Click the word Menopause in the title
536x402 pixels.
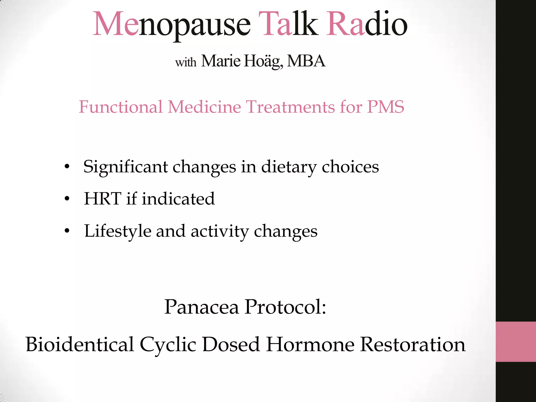(171, 25)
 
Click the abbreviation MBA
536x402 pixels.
(306, 61)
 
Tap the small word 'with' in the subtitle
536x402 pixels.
(186, 62)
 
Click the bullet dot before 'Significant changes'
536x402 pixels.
(67, 166)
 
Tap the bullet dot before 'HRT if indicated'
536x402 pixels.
(67, 199)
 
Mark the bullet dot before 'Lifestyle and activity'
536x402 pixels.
(67, 231)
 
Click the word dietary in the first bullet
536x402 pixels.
(289, 167)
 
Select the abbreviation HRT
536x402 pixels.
(103, 199)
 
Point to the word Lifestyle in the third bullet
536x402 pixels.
(118, 231)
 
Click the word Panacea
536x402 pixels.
(202, 307)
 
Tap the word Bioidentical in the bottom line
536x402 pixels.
(80, 344)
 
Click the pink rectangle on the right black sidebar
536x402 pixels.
(516, 342)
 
